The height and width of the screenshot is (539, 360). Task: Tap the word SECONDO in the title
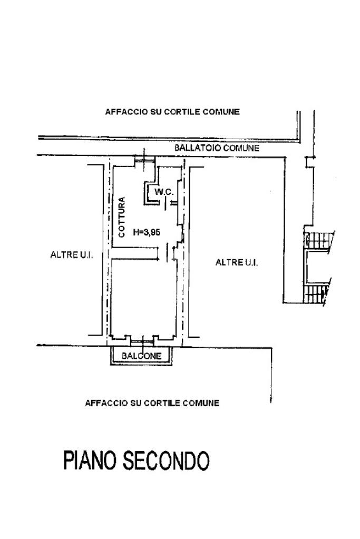coord(166,460)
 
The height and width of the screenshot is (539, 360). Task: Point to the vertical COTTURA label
coord(122,217)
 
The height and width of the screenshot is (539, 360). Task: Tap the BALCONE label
coord(141,356)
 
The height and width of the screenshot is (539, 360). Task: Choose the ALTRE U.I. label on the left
coord(72,254)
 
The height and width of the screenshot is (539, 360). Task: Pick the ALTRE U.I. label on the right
coord(237,262)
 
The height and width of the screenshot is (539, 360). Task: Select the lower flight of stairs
coord(316,292)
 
